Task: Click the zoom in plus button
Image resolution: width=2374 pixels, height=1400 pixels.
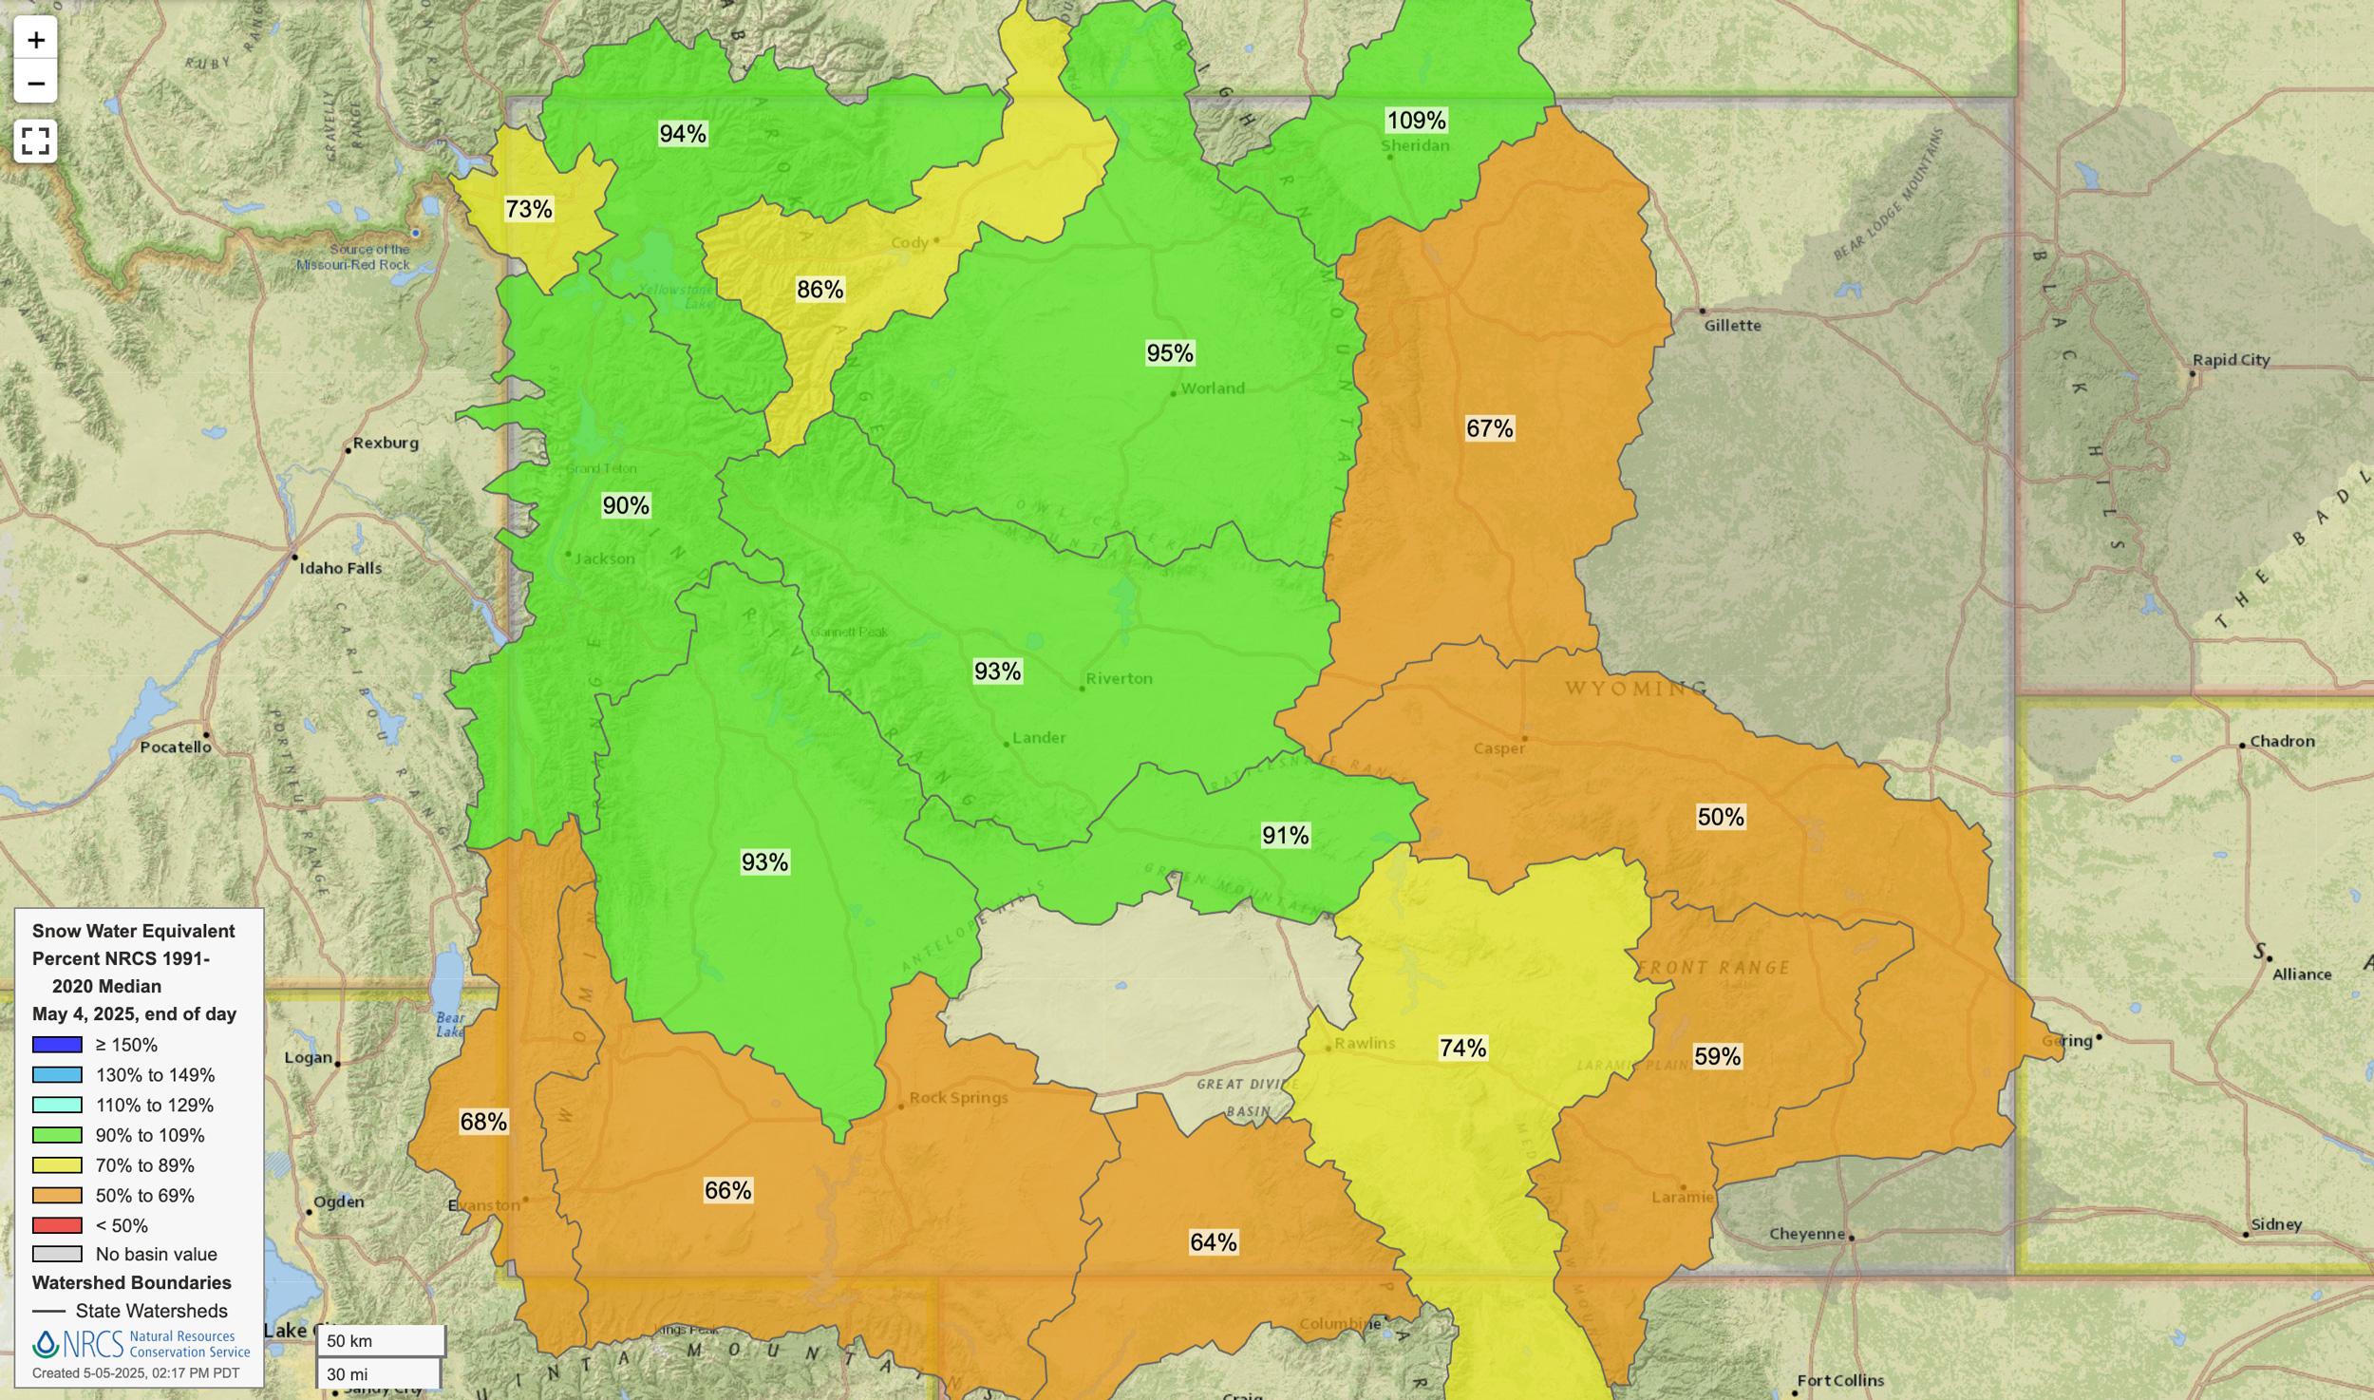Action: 36,40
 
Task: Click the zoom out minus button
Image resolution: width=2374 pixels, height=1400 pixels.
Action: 36,83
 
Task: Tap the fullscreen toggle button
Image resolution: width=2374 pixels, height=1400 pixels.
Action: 35,141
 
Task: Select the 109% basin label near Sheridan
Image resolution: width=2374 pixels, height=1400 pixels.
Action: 1416,121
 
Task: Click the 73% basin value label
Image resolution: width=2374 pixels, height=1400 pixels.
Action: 529,209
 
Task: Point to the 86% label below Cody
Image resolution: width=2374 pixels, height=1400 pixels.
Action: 820,290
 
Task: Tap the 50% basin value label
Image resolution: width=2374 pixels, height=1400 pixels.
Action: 1720,817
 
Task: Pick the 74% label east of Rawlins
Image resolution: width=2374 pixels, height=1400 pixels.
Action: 1462,1048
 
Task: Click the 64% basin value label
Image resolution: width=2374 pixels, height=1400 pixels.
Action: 1213,1242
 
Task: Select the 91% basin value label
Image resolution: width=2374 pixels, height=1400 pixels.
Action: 1285,836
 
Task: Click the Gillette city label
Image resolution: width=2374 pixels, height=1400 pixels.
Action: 1732,326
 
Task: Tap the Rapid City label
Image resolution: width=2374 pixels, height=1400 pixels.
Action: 2231,360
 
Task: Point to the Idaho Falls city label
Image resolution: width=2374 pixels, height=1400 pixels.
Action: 340,568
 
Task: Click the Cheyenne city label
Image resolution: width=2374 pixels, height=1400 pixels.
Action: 1806,1234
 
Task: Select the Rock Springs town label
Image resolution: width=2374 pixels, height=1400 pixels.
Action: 958,1098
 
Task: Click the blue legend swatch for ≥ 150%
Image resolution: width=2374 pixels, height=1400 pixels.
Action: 57,1045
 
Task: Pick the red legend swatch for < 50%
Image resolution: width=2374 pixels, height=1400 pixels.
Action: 57,1225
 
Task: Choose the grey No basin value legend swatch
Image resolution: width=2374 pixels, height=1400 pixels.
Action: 57,1255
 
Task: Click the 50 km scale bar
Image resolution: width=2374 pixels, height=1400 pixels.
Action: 380,1341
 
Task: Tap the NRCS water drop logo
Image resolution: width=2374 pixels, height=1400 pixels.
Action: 46,1344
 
